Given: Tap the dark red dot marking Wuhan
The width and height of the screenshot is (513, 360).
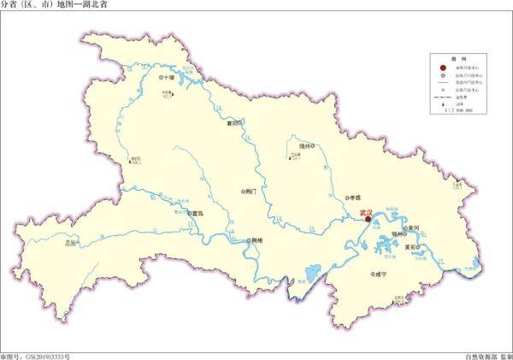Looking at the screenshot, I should (368, 220).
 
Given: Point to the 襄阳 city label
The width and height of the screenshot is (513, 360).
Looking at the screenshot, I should (231, 122).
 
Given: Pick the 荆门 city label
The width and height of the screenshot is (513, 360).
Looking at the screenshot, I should (250, 192).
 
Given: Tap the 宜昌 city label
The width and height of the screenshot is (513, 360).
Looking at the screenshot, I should (198, 213).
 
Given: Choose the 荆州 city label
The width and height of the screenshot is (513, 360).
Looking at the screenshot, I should (255, 241).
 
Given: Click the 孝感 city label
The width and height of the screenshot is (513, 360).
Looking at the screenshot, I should (354, 197).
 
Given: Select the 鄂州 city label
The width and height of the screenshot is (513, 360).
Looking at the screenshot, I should (396, 232).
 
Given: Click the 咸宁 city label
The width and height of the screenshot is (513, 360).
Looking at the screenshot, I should (380, 274).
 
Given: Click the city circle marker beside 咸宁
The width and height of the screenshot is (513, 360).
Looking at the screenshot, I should (369, 274).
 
